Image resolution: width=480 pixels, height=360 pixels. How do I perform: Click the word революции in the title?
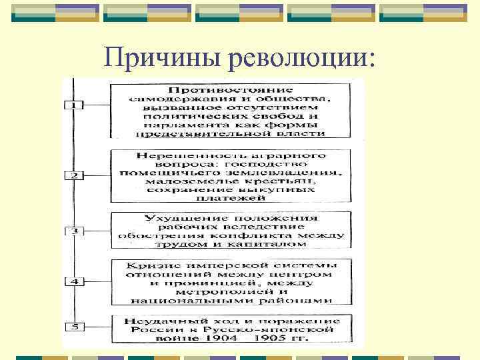[x=297, y=59]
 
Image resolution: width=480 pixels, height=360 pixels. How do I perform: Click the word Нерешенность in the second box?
[x=170, y=155]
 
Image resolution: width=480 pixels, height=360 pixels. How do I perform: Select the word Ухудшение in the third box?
[x=177, y=218]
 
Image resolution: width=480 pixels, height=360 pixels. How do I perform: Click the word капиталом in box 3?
[x=273, y=244]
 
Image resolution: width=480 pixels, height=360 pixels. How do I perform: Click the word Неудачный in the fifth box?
[x=161, y=321]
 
